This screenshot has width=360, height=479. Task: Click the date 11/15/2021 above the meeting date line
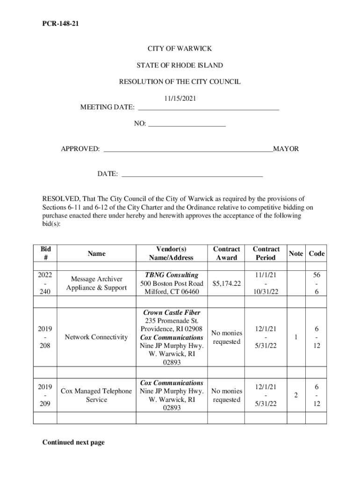[180, 99]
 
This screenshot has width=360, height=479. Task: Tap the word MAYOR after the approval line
[286, 149]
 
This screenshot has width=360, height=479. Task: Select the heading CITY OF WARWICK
[180, 49]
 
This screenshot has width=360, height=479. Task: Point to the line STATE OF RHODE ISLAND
[180, 65]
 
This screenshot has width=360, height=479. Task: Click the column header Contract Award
[226, 254]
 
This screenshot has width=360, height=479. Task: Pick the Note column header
[296, 254]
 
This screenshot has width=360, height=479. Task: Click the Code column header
[317, 254]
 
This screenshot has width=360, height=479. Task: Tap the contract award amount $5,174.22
[226, 283]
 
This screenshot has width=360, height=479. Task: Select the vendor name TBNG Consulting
[172, 275]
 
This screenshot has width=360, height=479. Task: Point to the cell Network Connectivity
[96, 337]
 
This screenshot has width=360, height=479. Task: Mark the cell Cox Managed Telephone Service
[96, 395]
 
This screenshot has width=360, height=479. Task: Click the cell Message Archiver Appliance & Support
[96, 283]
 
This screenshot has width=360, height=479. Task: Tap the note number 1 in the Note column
[296, 337]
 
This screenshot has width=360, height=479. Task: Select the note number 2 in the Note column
[296, 395]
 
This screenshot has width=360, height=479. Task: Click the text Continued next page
[73, 443]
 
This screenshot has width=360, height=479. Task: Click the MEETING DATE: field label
[107, 108]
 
